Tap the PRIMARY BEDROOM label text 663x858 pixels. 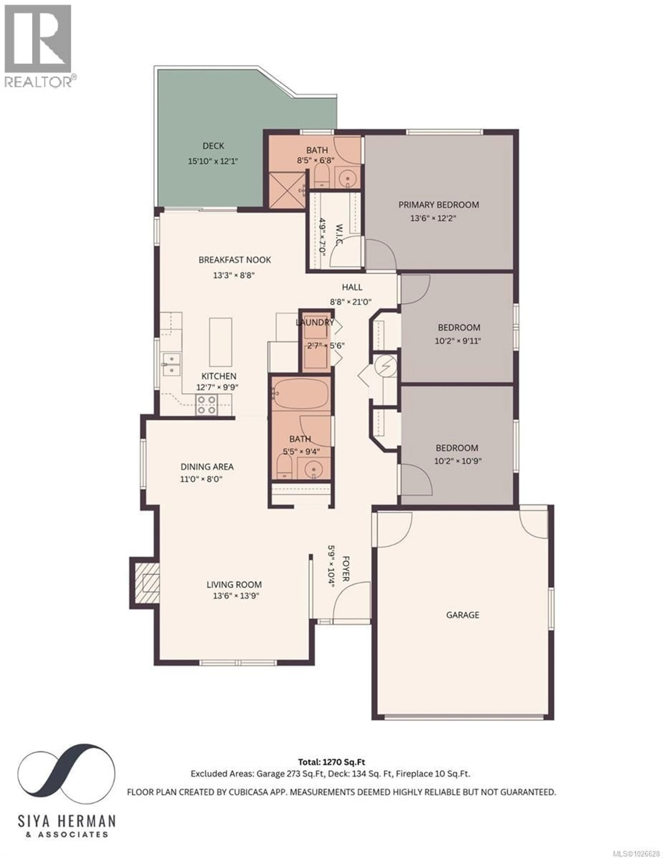(x=439, y=205)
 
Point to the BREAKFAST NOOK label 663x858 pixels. (x=235, y=260)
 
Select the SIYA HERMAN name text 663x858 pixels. (x=67, y=821)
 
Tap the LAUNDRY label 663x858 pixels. (x=314, y=323)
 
